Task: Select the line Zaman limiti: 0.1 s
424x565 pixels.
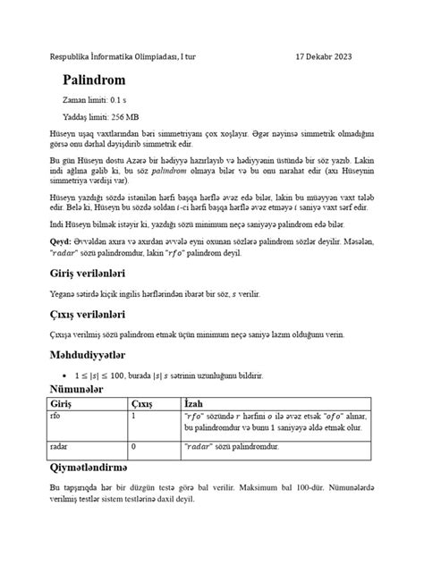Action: (101, 101)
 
